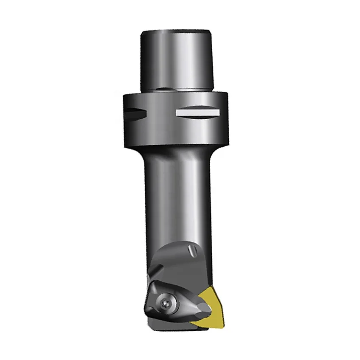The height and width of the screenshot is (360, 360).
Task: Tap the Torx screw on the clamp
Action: tap(166, 302)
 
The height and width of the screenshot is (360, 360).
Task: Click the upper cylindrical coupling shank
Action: tap(177, 59)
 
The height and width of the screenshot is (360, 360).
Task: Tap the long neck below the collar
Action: tap(176, 191)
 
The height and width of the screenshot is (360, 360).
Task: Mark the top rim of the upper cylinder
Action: tap(177, 32)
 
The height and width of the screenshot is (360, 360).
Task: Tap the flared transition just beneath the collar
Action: tap(176, 149)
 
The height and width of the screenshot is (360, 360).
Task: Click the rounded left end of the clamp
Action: tap(149, 299)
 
